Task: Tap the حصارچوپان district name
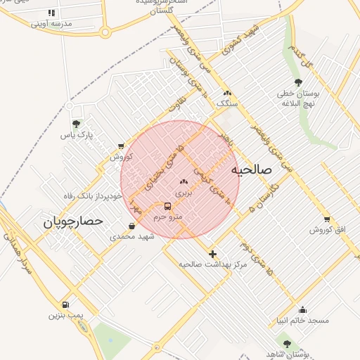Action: tap(74, 221)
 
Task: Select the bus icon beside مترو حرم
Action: tap(167, 207)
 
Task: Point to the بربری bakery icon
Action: tap(184, 181)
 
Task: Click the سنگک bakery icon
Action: tap(226, 94)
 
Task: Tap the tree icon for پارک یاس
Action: tap(76, 124)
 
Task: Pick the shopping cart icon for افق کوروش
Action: tap(326, 219)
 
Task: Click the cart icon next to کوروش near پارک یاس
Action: tap(122, 146)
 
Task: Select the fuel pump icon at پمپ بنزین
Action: tap(65, 305)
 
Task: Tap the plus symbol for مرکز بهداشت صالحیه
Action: tap(212, 253)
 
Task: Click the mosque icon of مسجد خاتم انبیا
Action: tap(302, 309)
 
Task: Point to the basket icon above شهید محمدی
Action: tap(132, 226)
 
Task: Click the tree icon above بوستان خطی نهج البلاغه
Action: tap(298, 83)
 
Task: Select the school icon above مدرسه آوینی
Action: tap(51, 13)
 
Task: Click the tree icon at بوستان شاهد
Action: tap(287, 344)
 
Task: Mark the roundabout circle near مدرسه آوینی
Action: tap(105, 32)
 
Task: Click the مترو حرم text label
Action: tap(168, 217)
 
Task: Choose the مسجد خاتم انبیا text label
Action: tap(303, 320)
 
